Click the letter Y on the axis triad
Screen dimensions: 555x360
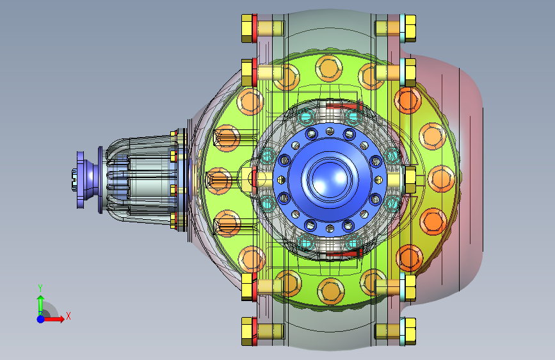tap(40, 288)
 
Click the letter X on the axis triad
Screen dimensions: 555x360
tap(68, 316)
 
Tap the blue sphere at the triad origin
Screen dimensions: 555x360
tap(41, 319)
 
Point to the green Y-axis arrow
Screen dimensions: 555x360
tap(41, 305)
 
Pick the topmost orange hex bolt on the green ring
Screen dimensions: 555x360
tap(329, 69)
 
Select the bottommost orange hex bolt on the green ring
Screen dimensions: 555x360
tap(331, 291)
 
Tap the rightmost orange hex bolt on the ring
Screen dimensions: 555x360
tap(441, 179)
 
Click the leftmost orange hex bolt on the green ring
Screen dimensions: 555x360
tap(219, 181)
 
